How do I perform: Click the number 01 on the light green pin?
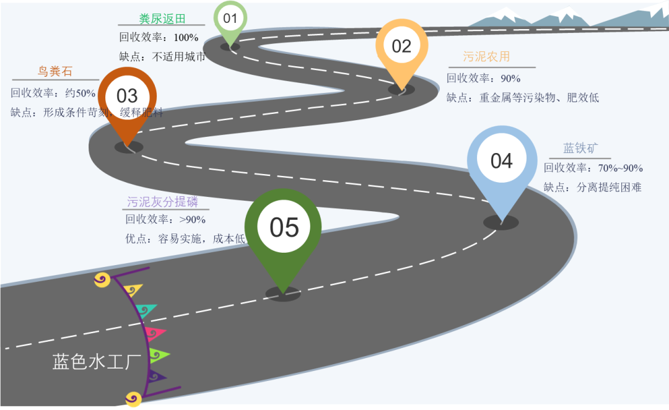(230, 18)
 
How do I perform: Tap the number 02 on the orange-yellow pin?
(401, 46)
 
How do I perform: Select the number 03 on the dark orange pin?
(127, 95)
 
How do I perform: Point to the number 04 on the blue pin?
(501, 161)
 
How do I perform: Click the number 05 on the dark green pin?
(284, 227)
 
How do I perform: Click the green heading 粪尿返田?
(162, 19)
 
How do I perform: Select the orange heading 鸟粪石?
(55, 72)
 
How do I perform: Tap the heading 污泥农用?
(486, 57)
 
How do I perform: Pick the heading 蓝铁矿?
(580, 149)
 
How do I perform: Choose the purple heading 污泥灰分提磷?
(162, 202)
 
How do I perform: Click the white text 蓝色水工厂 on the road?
(97, 362)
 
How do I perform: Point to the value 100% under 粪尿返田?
(186, 38)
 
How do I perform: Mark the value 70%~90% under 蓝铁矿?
(620, 168)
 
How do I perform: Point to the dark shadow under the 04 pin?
(501, 223)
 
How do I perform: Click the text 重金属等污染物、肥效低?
(539, 98)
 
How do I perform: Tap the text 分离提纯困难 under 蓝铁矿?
(609, 187)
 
